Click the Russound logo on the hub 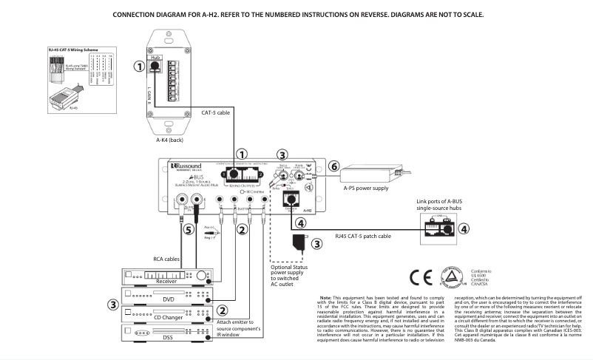(x=190, y=166)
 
